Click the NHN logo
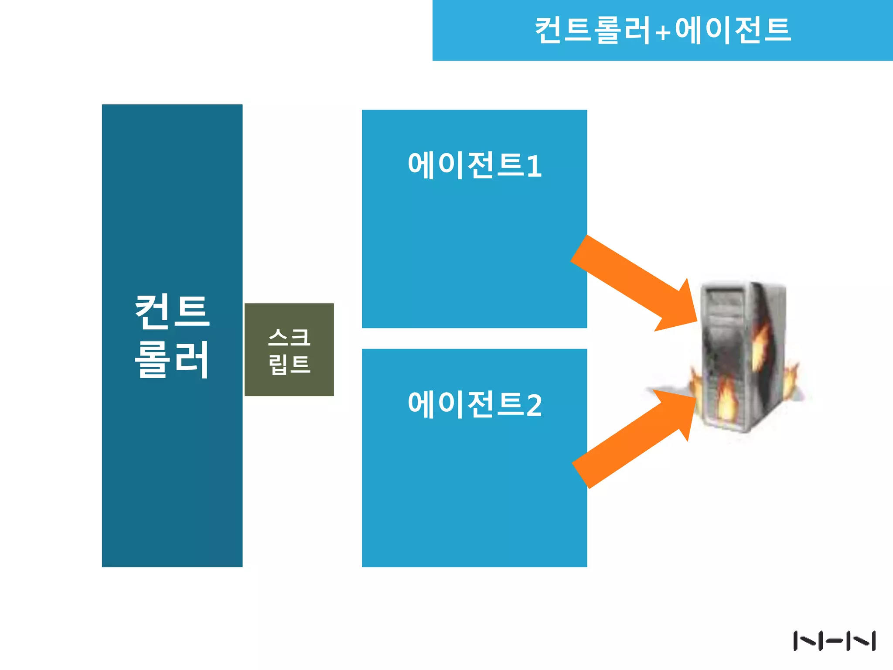(x=834, y=641)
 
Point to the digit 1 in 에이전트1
(x=534, y=166)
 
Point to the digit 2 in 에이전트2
(x=534, y=405)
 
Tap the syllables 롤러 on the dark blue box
(x=172, y=359)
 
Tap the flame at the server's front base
(x=726, y=399)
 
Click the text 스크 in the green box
(x=289, y=337)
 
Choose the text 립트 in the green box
(x=289, y=364)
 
